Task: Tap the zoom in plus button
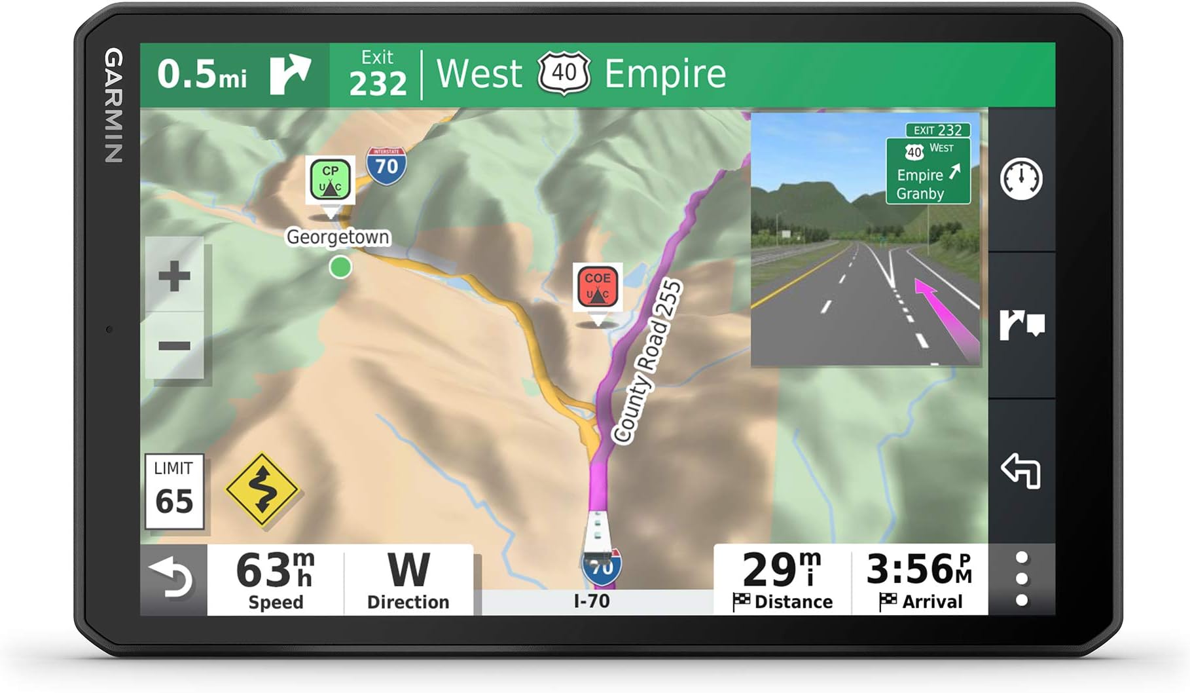click(x=174, y=276)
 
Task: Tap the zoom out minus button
click(x=174, y=346)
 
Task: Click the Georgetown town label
click(x=338, y=236)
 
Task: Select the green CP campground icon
click(x=331, y=179)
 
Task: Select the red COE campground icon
click(x=597, y=286)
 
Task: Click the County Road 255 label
click(x=647, y=362)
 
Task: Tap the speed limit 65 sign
click(x=174, y=491)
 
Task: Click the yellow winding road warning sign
click(x=262, y=489)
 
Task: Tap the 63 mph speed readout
click(x=275, y=579)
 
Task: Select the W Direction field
click(x=408, y=579)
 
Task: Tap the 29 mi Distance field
click(x=782, y=579)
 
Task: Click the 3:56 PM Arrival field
click(x=920, y=579)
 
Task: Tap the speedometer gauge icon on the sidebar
click(x=1021, y=179)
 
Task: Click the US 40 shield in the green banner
click(x=564, y=73)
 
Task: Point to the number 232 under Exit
click(x=378, y=84)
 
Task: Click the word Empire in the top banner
click(x=665, y=73)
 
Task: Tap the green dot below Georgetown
click(x=340, y=267)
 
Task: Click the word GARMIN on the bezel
click(x=114, y=105)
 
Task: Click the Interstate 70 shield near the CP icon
click(x=386, y=165)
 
